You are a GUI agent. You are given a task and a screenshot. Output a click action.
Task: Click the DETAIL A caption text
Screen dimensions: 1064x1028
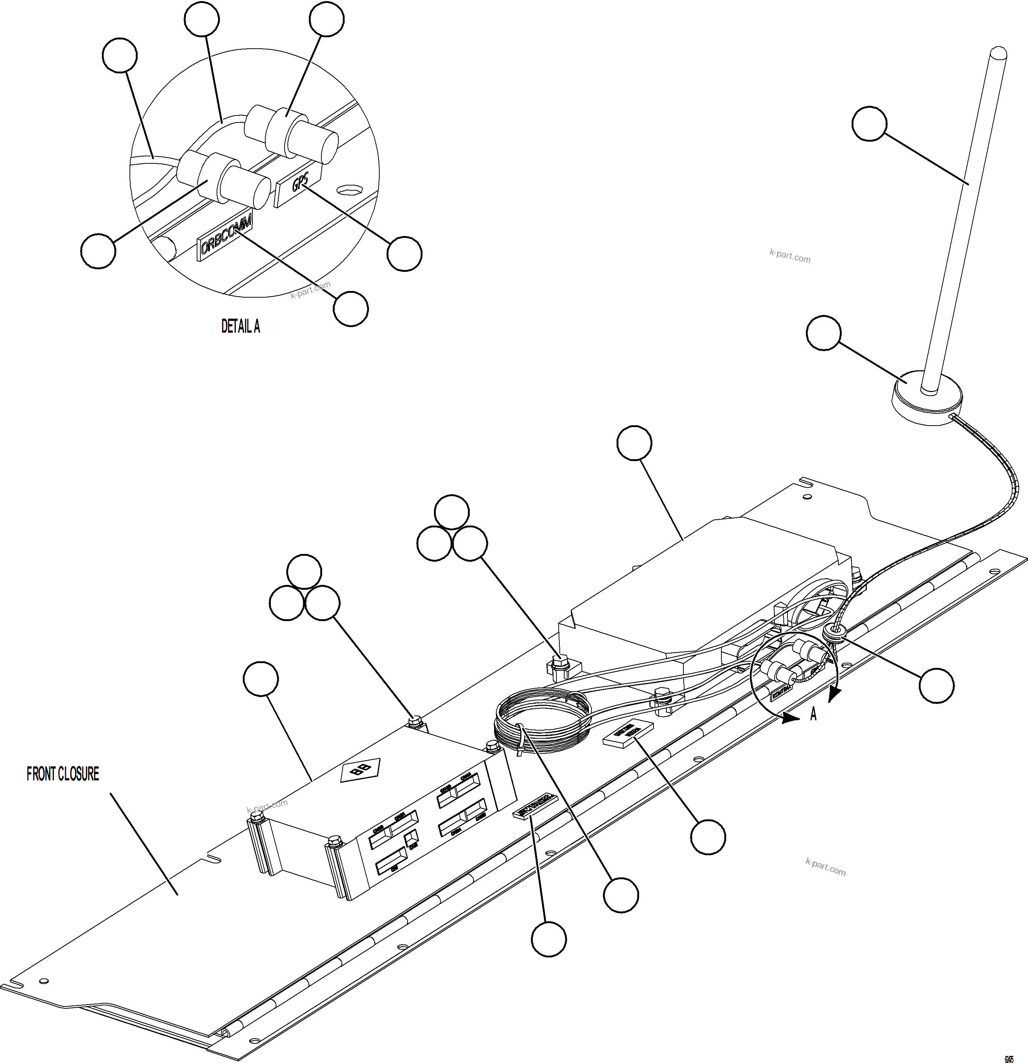click(x=241, y=326)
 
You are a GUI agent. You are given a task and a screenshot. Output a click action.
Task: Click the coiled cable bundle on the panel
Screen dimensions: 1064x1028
click(x=543, y=721)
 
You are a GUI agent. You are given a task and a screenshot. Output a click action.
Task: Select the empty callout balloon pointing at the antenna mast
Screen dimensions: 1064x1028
click(x=869, y=124)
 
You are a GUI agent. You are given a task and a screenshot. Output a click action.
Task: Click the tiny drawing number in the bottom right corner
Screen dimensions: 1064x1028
click(x=1009, y=1058)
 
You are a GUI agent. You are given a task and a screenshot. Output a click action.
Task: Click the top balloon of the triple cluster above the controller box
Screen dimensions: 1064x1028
click(x=304, y=571)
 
